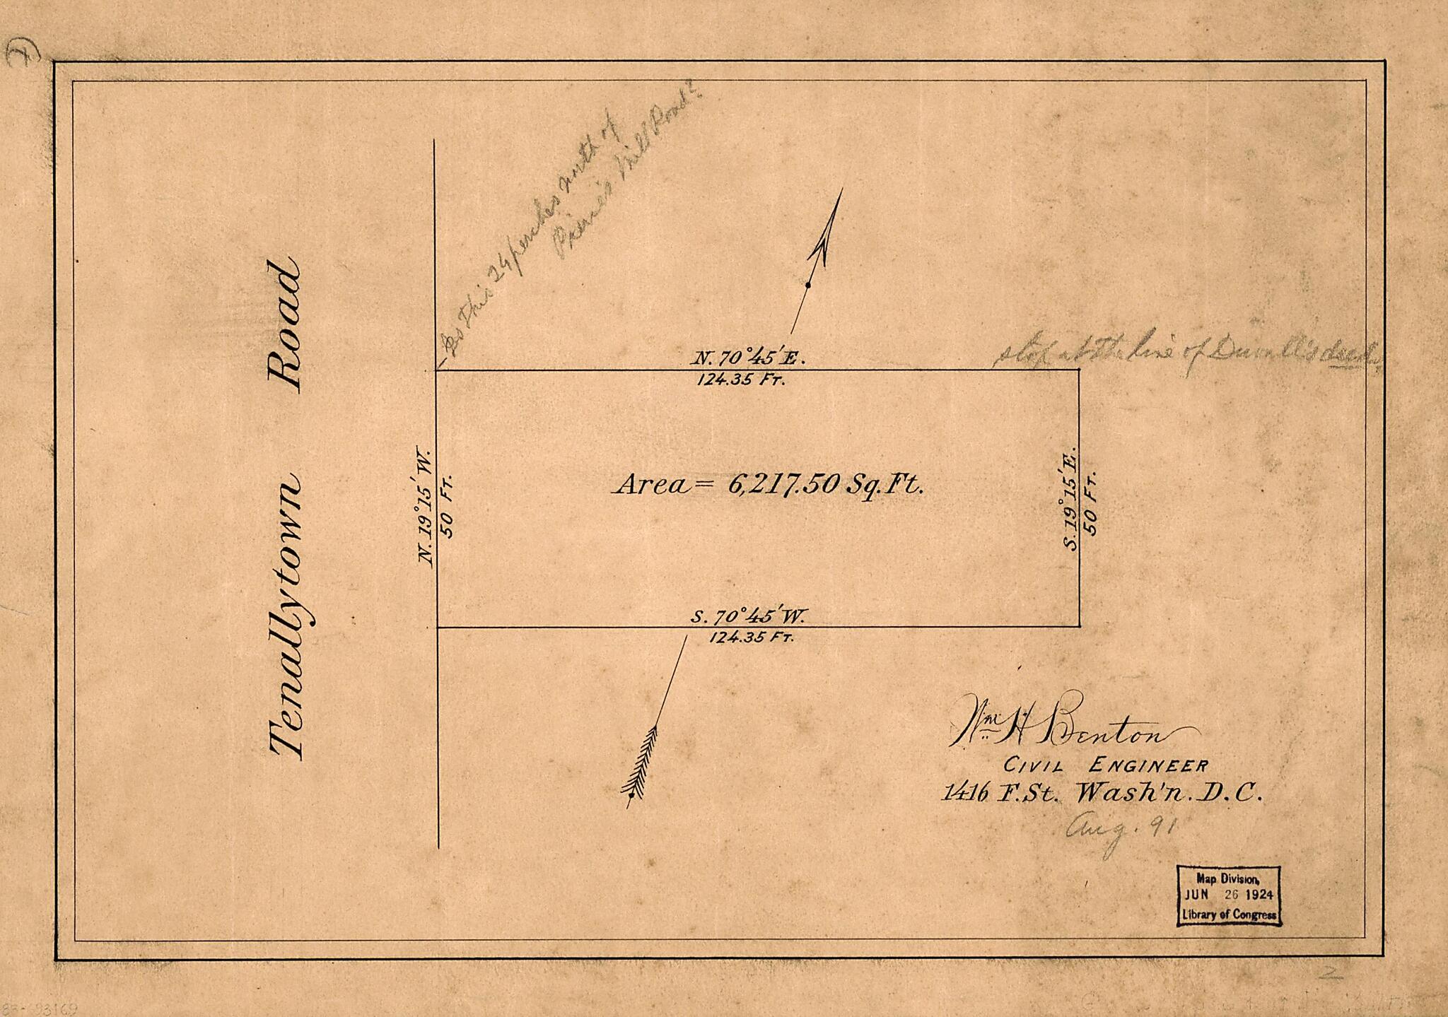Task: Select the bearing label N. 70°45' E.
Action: coord(747,358)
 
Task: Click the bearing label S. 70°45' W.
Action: coord(748,616)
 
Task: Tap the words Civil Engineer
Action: coord(1107,765)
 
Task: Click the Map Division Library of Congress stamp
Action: coord(1229,895)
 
